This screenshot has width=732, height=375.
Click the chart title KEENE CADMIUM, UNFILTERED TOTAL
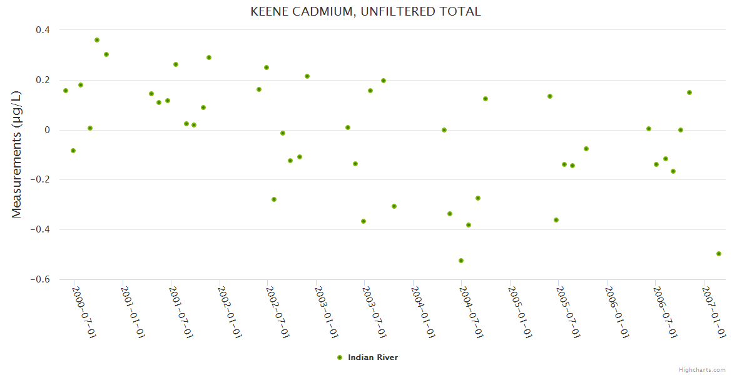pyautogui.click(x=365, y=11)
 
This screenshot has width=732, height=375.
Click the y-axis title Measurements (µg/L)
pyautogui.click(x=17, y=154)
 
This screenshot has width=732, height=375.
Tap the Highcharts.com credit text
pyautogui.click(x=702, y=370)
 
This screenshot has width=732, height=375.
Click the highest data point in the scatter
pyautogui.click(x=97, y=40)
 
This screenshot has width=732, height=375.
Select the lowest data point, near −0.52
pyautogui.click(x=461, y=261)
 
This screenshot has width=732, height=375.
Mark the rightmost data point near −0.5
pyautogui.click(x=719, y=254)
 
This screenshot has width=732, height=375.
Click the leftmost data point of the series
pyautogui.click(x=66, y=91)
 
